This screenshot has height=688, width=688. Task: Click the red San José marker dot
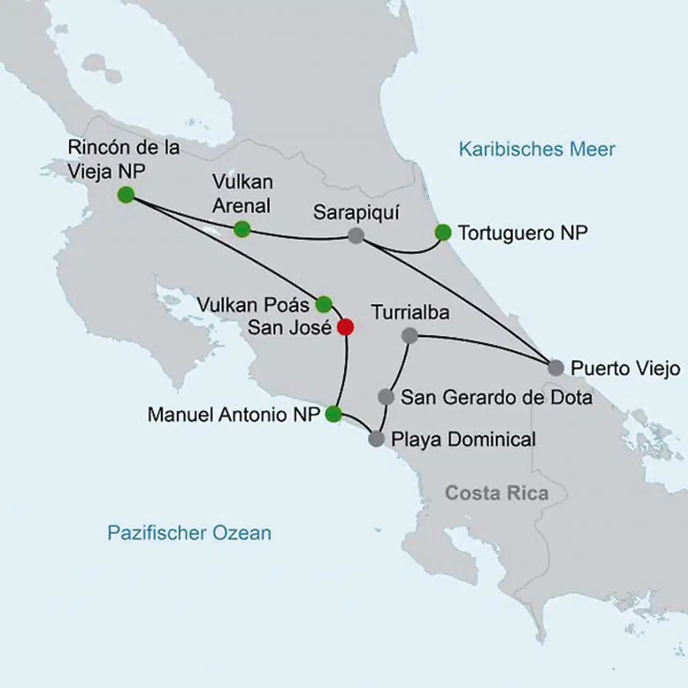[x=345, y=327]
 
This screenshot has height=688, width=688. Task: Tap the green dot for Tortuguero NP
[x=443, y=233]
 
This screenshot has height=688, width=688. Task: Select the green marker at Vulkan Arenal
[x=242, y=229]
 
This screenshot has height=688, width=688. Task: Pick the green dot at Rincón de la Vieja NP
[x=126, y=194]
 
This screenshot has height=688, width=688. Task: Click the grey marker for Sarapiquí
[x=355, y=235]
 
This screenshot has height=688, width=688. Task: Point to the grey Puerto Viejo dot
[x=556, y=368]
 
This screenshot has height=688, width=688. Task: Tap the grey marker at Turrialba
[x=409, y=335]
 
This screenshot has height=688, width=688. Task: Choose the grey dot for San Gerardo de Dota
[x=386, y=397]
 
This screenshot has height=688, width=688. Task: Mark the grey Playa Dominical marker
[x=376, y=439]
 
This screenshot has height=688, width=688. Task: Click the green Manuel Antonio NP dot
[x=333, y=414]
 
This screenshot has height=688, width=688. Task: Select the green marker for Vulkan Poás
[x=323, y=304]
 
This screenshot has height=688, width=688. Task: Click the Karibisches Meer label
[x=537, y=150]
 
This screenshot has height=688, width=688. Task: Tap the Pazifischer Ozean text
[x=189, y=533]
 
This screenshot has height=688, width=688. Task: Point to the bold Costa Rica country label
[x=497, y=493]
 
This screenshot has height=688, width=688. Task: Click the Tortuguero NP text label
[x=523, y=233]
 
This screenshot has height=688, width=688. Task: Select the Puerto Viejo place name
[x=625, y=368]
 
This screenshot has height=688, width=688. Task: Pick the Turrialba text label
[x=410, y=312]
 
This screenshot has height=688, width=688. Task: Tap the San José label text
[x=290, y=328]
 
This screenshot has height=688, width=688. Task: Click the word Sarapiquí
[x=356, y=213]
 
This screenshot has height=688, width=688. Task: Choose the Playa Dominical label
[x=463, y=440]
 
